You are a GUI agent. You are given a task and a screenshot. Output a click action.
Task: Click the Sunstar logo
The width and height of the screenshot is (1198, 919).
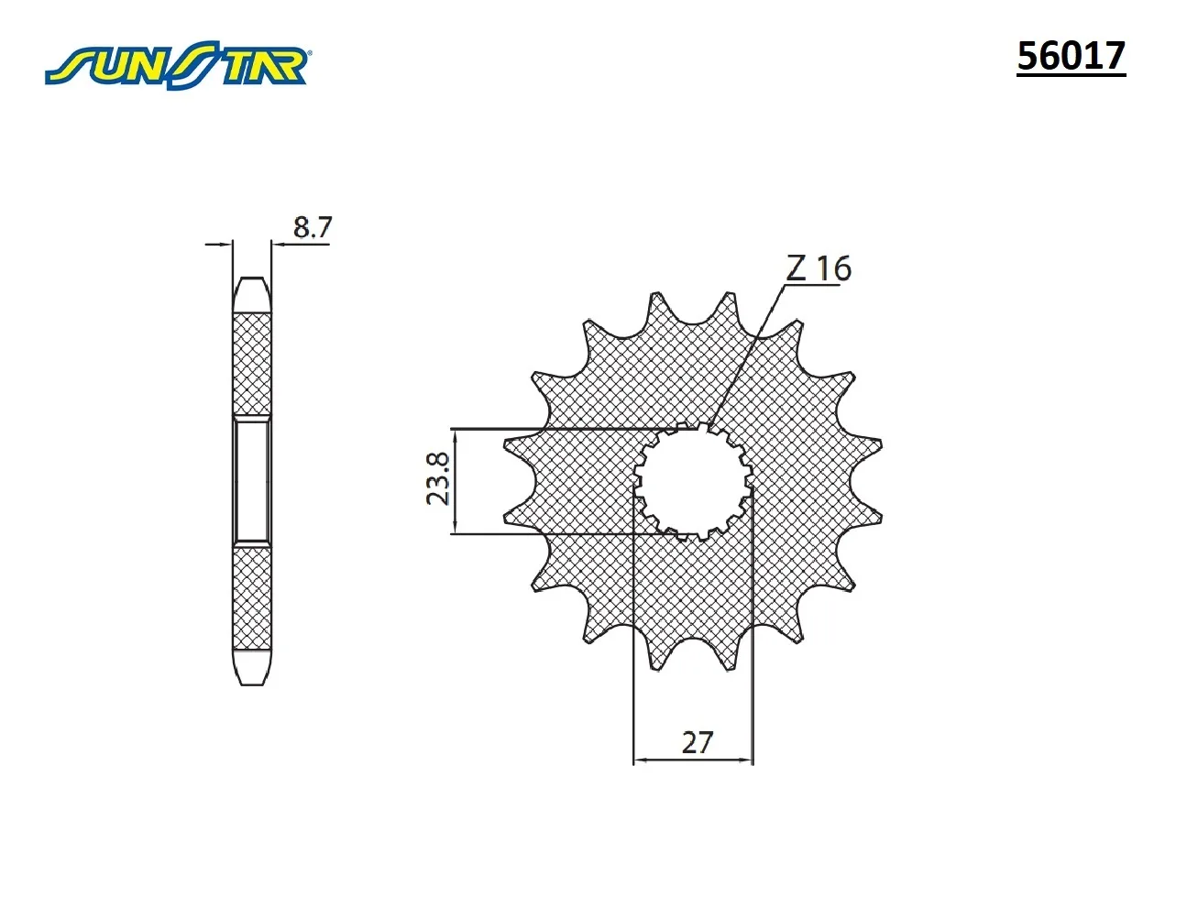point(176,65)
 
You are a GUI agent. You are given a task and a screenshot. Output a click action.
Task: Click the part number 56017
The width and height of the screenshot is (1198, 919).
point(1071,56)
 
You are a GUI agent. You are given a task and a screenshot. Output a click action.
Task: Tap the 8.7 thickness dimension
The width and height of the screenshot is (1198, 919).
point(312,227)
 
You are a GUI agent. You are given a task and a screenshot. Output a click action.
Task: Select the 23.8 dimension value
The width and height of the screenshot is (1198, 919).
point(438,479)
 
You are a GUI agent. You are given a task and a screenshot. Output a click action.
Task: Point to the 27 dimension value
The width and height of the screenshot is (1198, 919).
point(698,743)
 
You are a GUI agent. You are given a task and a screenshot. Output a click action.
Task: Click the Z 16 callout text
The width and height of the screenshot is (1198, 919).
point(819,268)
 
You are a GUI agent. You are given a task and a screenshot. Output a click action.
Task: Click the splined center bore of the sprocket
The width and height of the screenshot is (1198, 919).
point(694,481)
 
